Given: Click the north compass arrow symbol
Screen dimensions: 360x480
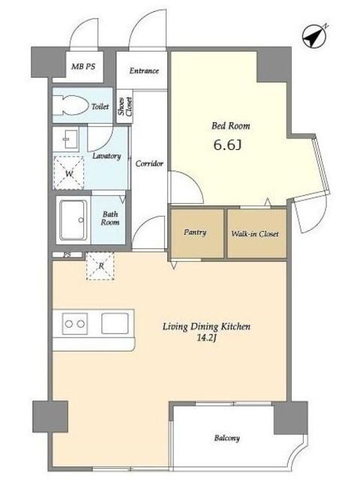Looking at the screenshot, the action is click(x=314, y=37).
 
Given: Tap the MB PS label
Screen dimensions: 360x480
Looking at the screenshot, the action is click(x=83, y=67).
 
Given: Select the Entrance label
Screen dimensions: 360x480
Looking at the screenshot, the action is click(x=144, y=70).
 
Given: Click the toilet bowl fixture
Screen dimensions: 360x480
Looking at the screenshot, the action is click(x=70, y=105).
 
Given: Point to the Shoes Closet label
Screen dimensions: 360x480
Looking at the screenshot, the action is click(x=125, y=106).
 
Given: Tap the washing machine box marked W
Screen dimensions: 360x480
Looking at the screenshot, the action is click(x=69, y=173).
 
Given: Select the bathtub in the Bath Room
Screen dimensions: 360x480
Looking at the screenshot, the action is click(x=73, y=220).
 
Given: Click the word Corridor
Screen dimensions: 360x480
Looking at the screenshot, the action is click(x=149, y=163).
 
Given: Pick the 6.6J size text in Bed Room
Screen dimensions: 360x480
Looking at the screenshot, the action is click(x=227, y=145).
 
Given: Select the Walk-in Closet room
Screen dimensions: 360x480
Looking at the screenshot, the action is click(x=256, y=233).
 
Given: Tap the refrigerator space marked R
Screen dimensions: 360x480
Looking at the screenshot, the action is click(x=100, y=265).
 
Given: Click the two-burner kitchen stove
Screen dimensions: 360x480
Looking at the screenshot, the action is click(x=75, y=323).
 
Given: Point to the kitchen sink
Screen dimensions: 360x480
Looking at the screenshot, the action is click(x=115, y=323).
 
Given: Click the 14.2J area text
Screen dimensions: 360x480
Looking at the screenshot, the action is click(x=207, y=338).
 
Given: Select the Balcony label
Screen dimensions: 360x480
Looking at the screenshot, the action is click(x=226, y=438).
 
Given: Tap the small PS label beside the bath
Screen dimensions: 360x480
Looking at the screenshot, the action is click(x=67, y=255).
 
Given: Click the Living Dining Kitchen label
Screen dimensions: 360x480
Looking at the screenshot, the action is click(x=206, y=327).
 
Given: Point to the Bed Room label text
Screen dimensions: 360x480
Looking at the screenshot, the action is click(x=231, y=126).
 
